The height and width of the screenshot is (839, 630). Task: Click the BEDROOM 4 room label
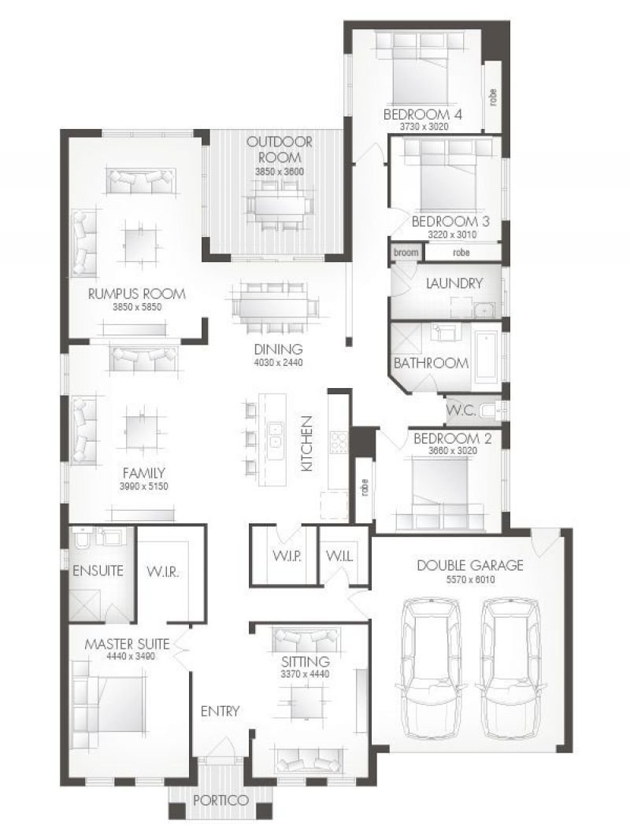coord(423,114)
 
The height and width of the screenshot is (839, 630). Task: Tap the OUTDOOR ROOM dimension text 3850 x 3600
coord(280,172)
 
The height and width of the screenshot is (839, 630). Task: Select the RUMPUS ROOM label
coord(137,294)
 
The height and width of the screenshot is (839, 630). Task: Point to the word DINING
coord(278,349)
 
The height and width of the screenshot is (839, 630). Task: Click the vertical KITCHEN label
coord(306,444)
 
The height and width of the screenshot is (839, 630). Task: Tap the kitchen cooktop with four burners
coord(339,442)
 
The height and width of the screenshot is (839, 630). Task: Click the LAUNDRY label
coord(454,283)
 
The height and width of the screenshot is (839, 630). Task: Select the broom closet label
coord(406,252)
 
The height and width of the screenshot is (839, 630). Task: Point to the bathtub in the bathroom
coord(486,357)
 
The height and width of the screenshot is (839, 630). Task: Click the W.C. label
coord(461,412)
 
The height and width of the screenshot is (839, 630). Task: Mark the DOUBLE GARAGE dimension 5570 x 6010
coord(470,579)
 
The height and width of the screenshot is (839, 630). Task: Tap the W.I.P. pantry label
coord(287,556)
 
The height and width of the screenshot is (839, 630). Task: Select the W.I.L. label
coord(339,556)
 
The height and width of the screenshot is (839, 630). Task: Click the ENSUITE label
coord(98,571)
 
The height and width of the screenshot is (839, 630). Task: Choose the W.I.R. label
coord(163,571)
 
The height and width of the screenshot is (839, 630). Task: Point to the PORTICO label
coord(221,800)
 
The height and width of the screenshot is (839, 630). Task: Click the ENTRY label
coord(220,711)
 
